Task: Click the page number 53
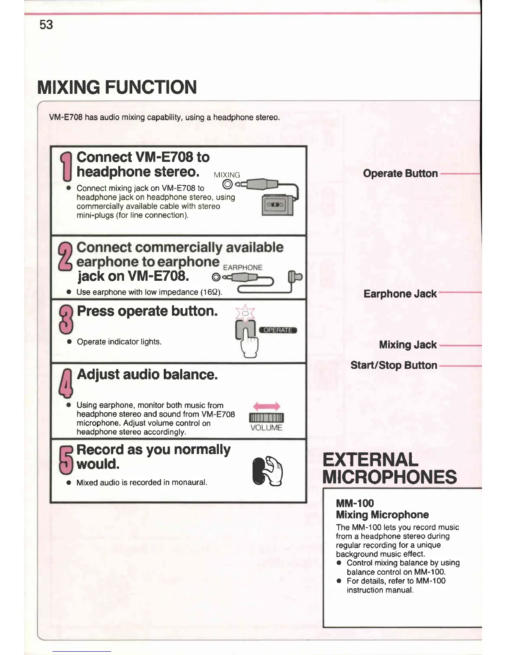[46, 25]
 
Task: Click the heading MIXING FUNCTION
[117, 87]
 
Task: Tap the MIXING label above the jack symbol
[227, 175]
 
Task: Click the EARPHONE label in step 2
[243, 268]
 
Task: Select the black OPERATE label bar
[278, 330]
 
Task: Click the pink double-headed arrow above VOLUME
[267, 406]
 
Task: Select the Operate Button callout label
[400, 174]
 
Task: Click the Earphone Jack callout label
[400, 294]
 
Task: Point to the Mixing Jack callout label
[408, 345]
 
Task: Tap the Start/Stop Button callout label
[394, 366]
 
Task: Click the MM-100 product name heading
[355, 503]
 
